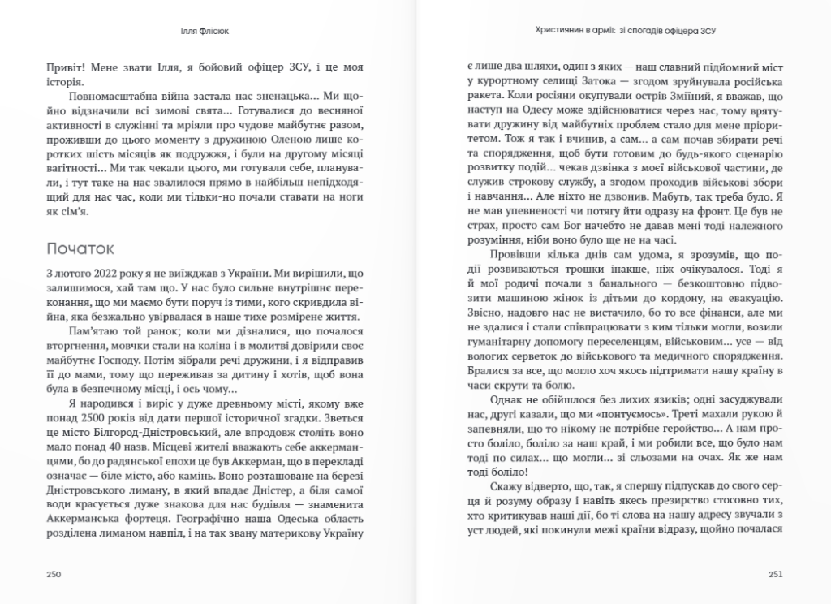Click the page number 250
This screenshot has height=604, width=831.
54,573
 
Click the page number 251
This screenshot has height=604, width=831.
775,573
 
